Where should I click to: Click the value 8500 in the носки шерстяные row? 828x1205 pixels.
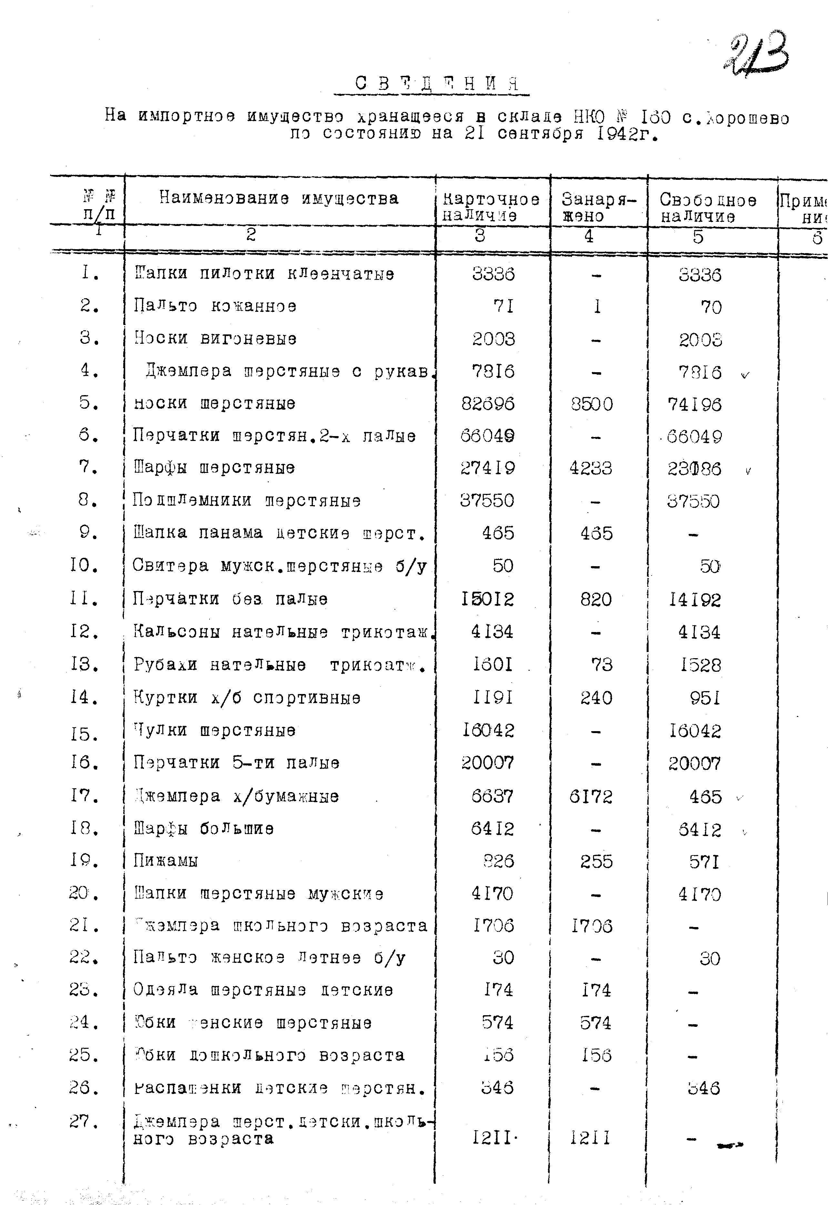[591, 404]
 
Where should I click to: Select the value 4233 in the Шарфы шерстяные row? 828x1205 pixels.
[591, 468]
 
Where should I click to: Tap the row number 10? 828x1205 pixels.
[84, 565]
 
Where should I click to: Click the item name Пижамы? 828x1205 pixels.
[166, 861]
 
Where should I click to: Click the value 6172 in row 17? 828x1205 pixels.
[591, 796]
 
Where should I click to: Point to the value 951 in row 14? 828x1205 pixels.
[704, 698]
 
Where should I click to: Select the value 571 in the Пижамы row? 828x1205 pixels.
[704, 862]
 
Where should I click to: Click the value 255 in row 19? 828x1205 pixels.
[596, 862]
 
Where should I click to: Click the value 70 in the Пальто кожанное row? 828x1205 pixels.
[711, 307]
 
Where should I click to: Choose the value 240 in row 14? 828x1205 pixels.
[596, 698]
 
